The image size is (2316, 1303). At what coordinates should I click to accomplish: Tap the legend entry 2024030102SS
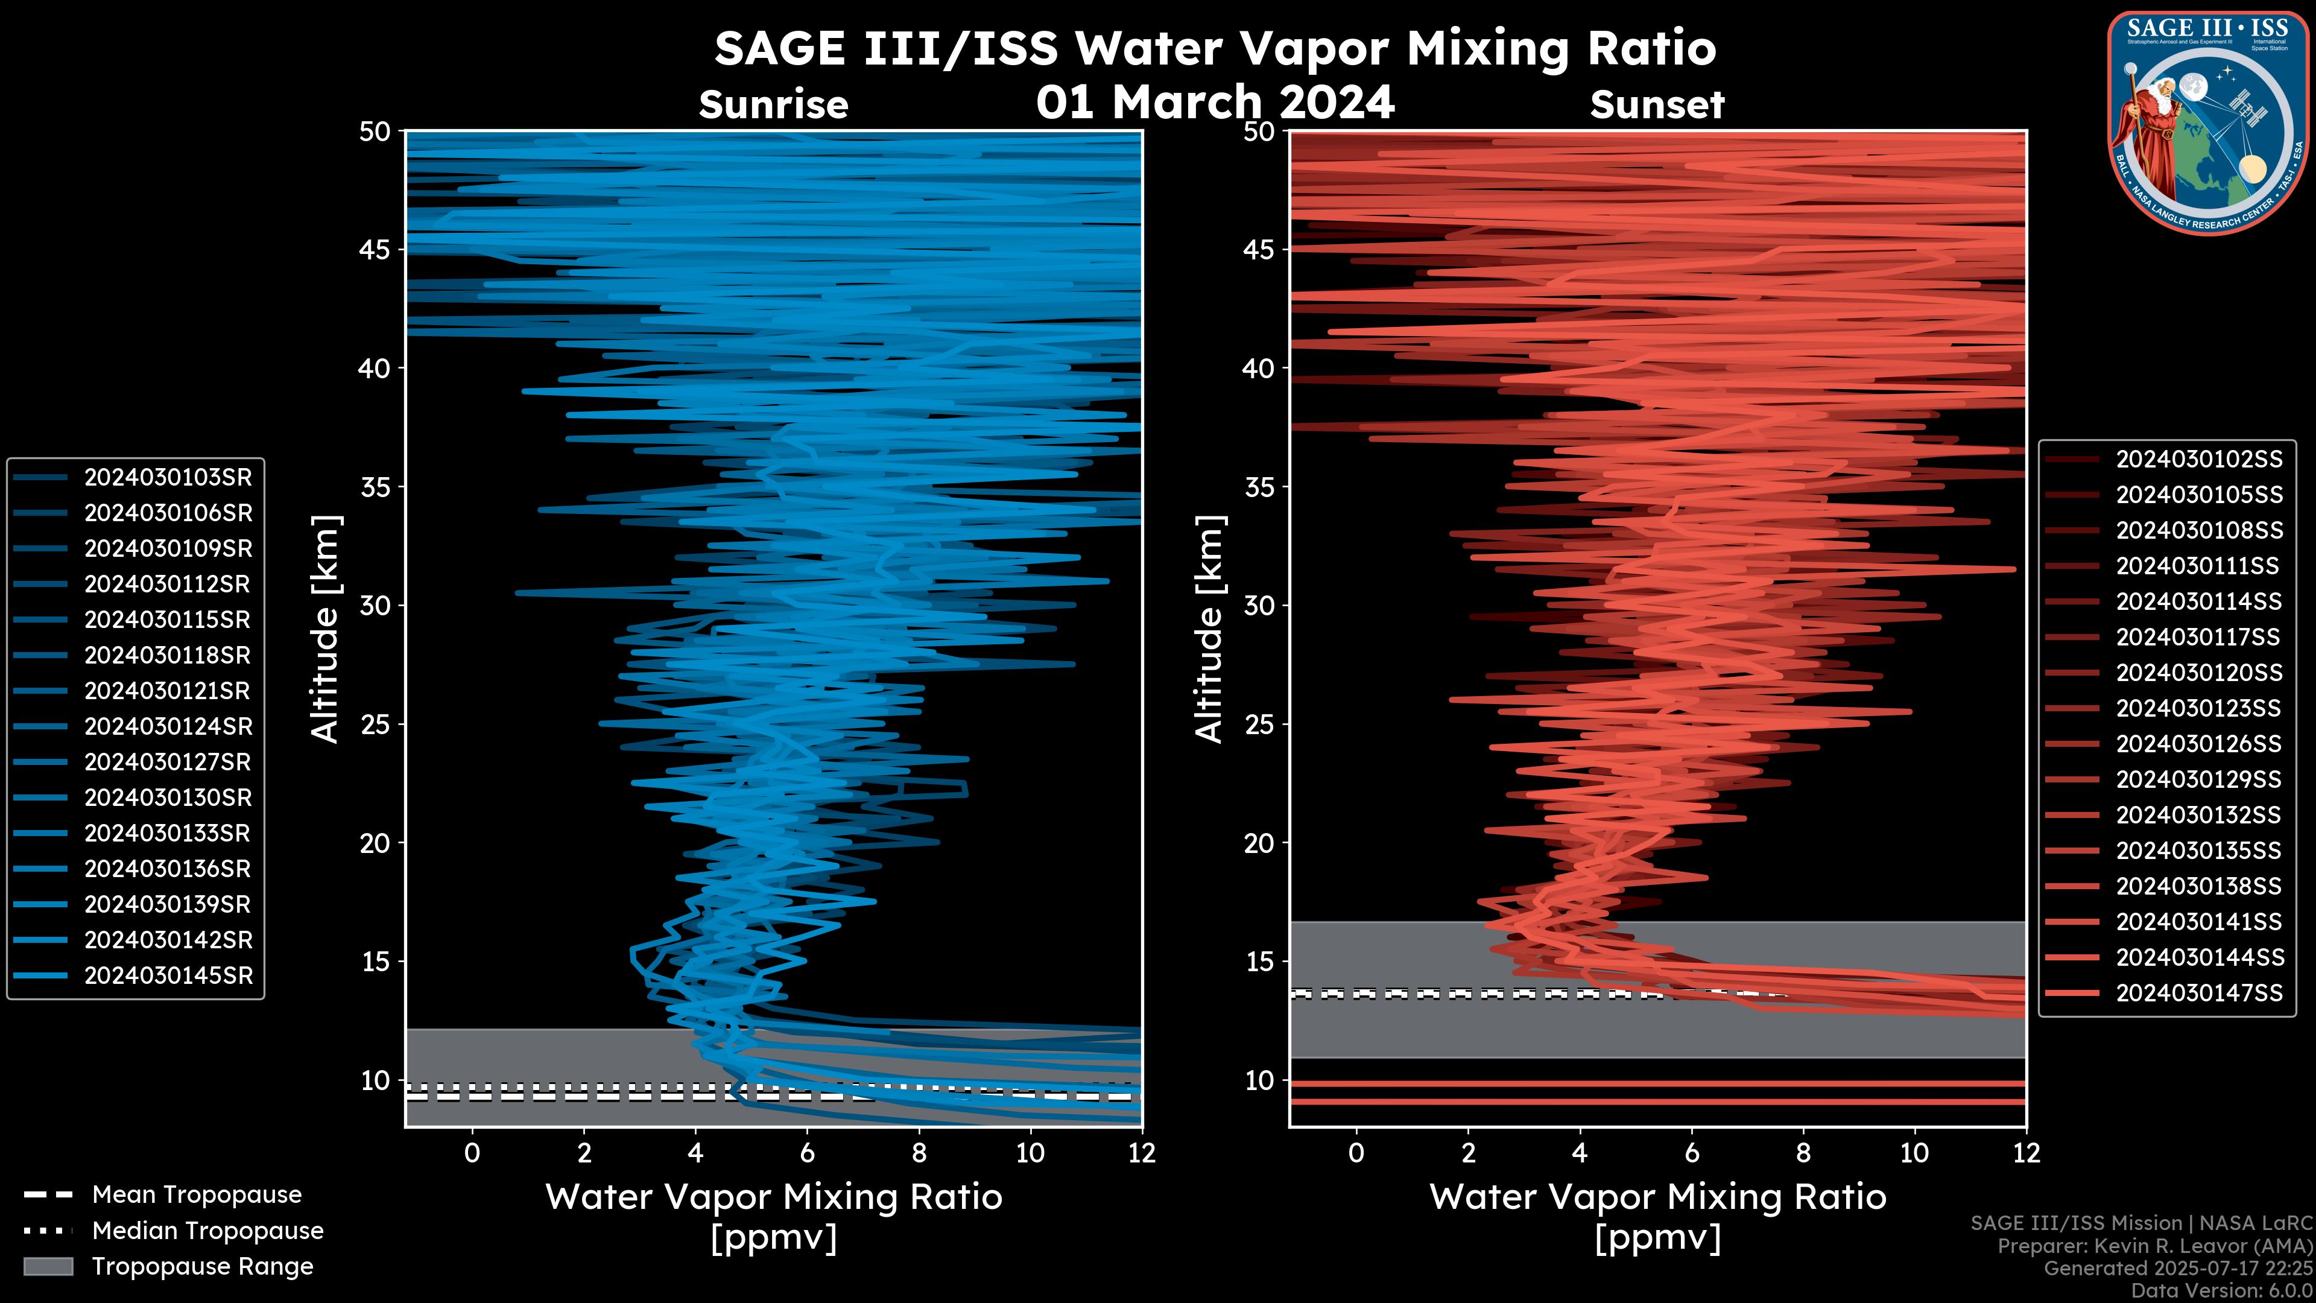click(x=2198, y=460)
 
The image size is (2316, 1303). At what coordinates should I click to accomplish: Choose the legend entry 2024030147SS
click(x=2198, y=993)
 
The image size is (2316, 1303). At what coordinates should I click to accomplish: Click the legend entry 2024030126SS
click(x=2198, y=744)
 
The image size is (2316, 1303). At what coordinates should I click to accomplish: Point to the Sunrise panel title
click(x=773, y=105)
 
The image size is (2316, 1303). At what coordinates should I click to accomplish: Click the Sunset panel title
click(x=1657, y=105)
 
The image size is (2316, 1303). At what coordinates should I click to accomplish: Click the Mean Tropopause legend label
click(x=197, y=1194)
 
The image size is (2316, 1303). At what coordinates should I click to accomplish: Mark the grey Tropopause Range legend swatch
click(x=48, y=1266)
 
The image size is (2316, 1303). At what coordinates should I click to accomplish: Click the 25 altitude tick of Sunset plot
click(x=1259, y=724)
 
